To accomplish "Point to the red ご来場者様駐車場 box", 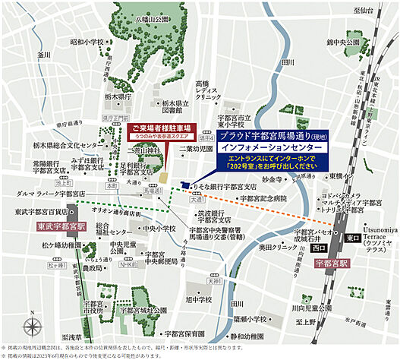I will point(162,129).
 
